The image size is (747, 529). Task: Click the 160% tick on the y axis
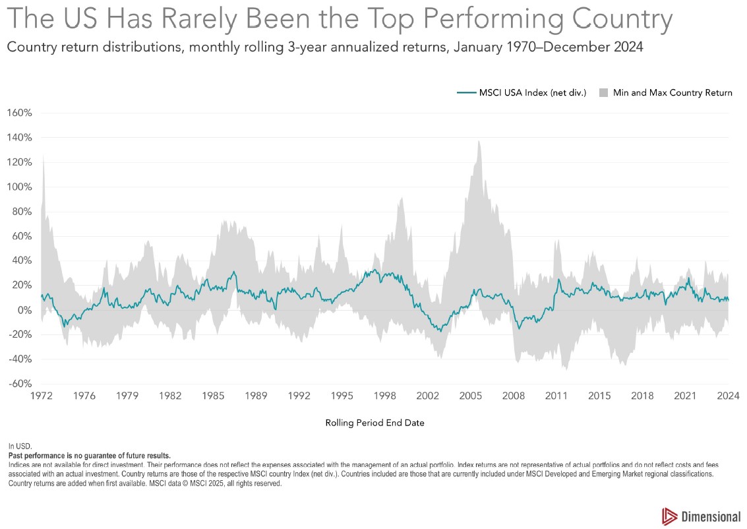pos(20,113)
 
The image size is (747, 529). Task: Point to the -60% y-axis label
pos(20,384)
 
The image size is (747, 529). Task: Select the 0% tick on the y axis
pos(24,310)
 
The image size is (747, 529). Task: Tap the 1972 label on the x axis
pos(42,396)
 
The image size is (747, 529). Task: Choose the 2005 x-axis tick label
pos(471,396)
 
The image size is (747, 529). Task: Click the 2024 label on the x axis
pos(728,396)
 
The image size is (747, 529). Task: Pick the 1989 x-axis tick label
pos(256,396)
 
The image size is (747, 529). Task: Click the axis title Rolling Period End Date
pos(374,423)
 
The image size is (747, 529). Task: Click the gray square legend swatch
pos(603,93)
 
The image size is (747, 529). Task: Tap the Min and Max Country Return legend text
pos(672,93)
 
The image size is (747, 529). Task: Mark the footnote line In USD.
pos(20,446)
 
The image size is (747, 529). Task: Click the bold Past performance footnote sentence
pos(89,455)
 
